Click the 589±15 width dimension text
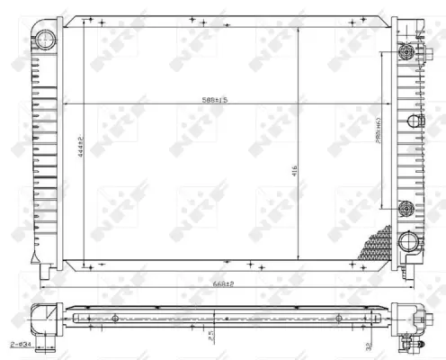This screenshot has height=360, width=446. coord(214,100)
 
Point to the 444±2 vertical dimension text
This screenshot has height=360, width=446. coord(80,143)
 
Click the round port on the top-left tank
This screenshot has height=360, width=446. coord(46,37)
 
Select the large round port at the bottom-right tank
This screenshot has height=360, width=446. coord(409,243)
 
